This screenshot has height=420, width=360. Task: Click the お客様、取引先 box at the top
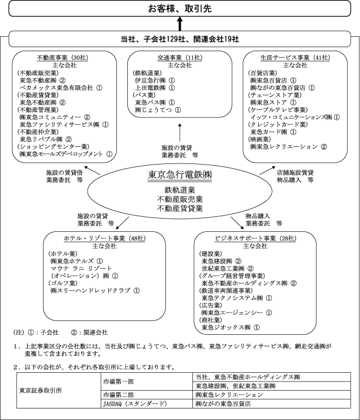(x=180, y=8)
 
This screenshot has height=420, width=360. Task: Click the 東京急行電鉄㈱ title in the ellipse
(x=180, y=174)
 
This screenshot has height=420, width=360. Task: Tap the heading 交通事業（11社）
(x=179, y=58)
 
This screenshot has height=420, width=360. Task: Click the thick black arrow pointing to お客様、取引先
(x=180, y=24)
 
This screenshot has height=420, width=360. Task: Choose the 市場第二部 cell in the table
(x=119, y=395)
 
